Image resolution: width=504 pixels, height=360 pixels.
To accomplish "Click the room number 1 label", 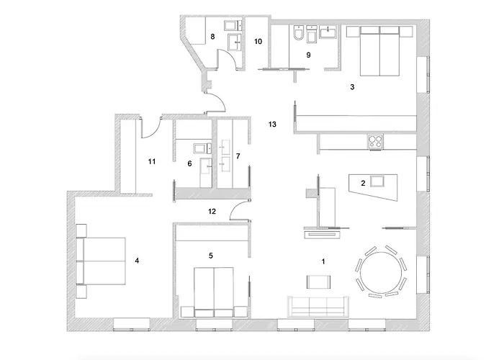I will (324, 261).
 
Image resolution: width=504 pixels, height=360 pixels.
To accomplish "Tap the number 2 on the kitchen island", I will (364, 184).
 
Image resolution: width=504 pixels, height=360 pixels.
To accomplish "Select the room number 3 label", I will (351, 87).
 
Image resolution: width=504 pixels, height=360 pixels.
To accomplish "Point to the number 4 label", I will (136, 261).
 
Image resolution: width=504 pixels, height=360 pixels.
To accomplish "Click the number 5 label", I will (211, 254).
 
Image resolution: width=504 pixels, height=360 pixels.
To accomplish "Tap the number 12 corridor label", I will (211, 212).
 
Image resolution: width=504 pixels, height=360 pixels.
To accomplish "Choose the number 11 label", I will (151, 161).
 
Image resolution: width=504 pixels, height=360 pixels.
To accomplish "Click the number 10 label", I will (258, 42).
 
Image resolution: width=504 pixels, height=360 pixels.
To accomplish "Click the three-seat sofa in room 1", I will (318, 306).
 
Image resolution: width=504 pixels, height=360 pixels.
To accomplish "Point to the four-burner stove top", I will (376, 141).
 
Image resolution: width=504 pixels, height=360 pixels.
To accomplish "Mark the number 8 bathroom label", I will (212, 35).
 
